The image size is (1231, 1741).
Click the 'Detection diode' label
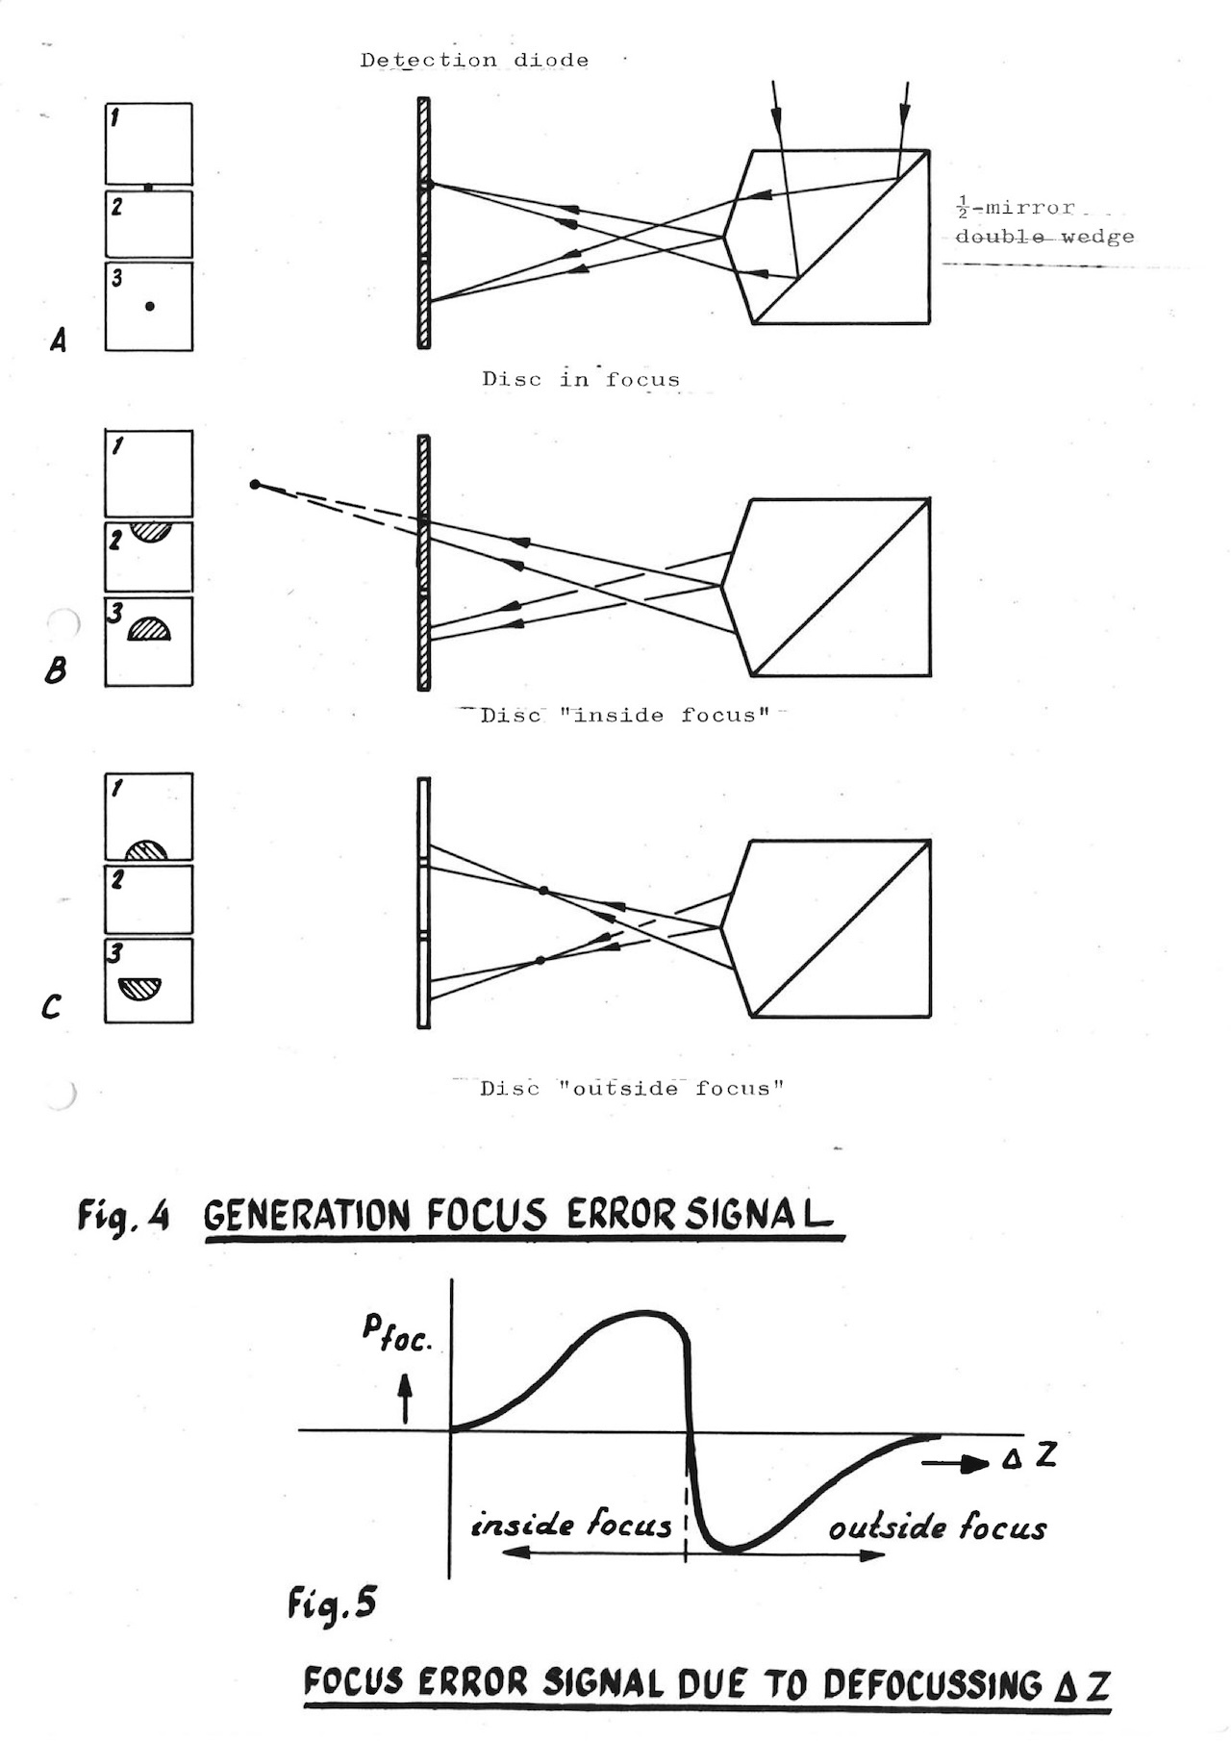coord(474,61)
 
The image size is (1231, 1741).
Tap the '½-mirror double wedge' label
coord(1043,222)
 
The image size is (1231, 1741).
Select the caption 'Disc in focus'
coord(581,379)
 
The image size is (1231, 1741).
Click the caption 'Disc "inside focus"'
coord(625,715)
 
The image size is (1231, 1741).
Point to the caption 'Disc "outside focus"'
coord(632,1089)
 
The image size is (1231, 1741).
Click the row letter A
coord(58,340)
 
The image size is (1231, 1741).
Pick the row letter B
coord(56,669)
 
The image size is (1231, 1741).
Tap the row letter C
coord(52,1007)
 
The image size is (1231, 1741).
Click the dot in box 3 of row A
coord(149,306)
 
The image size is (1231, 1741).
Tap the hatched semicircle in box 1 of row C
coord(147,850)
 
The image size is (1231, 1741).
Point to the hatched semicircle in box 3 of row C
coord(140,987)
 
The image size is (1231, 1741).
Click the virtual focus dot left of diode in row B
coord(255,484)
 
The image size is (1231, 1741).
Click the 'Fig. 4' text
coord(123,1216)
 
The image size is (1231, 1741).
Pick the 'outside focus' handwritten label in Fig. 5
coord(938,1527)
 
